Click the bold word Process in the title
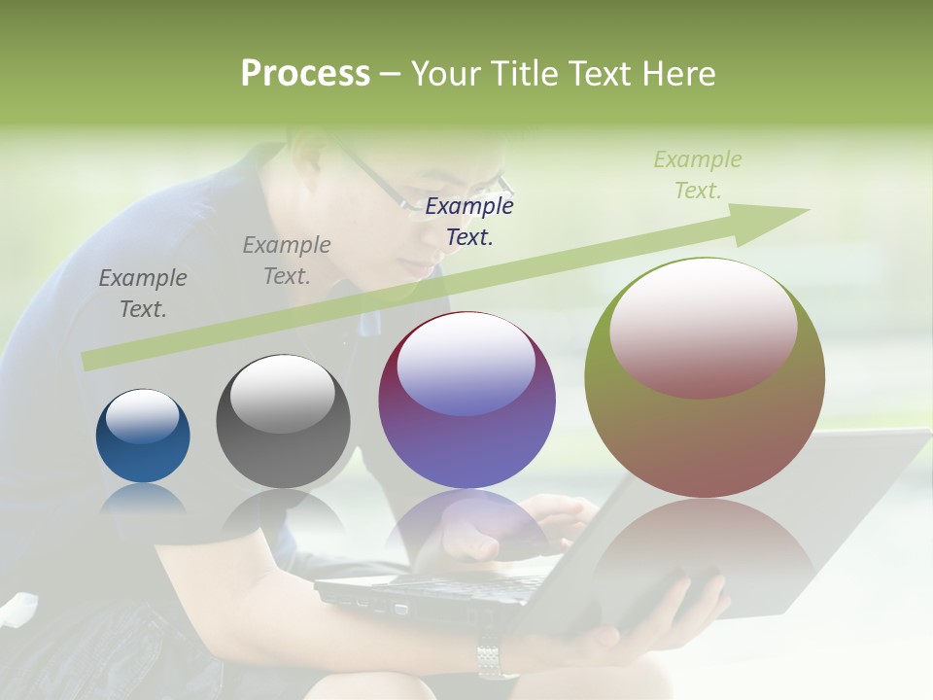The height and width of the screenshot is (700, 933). tap(305, 74)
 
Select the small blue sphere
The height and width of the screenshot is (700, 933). tap(143, 437)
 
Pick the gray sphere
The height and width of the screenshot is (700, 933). tap(283, 421)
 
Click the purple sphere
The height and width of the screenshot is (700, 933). tap(466, 401)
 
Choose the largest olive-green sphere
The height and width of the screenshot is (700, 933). tap(705, 377)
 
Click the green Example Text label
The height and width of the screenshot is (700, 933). tap(697, 175)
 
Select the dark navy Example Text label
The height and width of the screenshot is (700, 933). tap(469, 221)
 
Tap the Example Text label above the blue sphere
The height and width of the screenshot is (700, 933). tap(143, 293)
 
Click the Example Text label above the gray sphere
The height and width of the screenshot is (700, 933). tap(287, 261)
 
